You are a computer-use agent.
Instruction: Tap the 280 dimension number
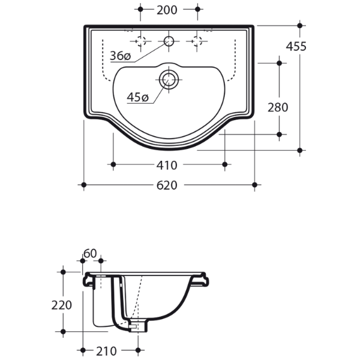278,107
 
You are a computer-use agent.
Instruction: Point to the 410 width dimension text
167,164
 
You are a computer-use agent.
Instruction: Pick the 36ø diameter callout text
120,56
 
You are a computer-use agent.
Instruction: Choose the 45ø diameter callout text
137,97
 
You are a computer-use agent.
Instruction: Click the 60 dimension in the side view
91,254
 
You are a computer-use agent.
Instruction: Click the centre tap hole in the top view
169,41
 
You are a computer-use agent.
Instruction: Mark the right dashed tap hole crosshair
196,41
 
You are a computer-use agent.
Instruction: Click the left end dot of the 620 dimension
84,184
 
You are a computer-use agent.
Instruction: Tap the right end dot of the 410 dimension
226,164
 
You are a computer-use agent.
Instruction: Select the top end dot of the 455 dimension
300,26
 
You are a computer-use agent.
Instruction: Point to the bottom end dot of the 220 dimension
62,331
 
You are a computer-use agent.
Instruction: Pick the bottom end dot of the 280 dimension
279,134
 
